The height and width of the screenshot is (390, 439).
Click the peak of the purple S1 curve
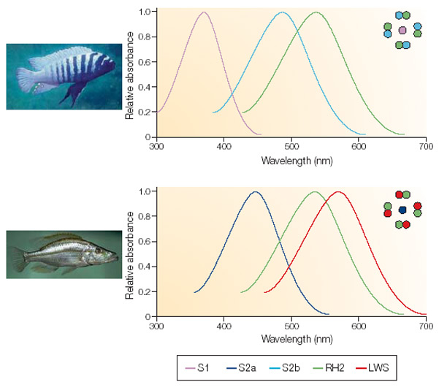tap(204, 12)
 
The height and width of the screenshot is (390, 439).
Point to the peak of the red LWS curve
tap(338, 192)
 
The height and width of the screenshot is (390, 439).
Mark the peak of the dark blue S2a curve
tap(255, 192)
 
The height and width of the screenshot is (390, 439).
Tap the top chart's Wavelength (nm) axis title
tap(291, 160)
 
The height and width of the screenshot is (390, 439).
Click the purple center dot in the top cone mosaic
tap(402, 30)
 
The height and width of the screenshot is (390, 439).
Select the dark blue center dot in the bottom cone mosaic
tap(402, 210)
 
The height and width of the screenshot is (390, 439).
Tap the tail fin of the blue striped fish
tap(23, 75)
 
